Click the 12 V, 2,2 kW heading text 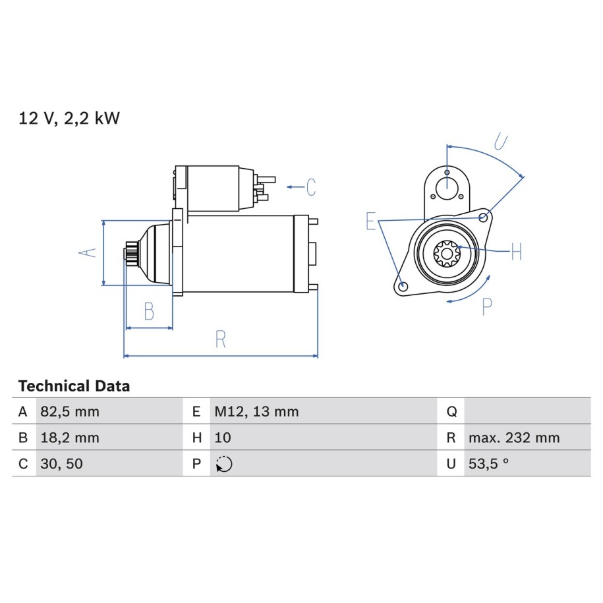click(69, 118)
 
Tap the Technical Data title click(74, 386)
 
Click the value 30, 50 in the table click(61, 464)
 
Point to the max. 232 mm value click(514, 438)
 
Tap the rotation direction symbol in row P click(224, 464)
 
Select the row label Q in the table click(451, 412)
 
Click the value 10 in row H click(223, 438)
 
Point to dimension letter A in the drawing click(87, 252)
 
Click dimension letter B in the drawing click(149, 311)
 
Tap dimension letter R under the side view click(220, 339)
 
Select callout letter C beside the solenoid click(311, 187)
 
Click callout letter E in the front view click(370, 221)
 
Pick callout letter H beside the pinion click(517, 252)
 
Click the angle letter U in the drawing click(501, 142)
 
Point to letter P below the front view click(487, 306)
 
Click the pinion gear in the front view click(446, 254)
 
